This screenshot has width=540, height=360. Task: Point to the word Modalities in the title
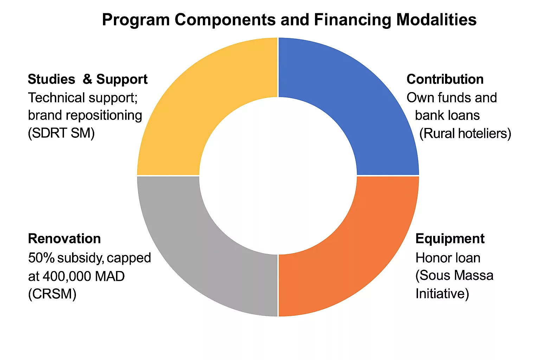click(x=436, y=19)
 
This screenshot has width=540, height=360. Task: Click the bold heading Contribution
click(x=445, y=79)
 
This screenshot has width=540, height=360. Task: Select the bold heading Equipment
click(x=450, y=239)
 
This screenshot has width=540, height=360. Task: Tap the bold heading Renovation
click(x=64, y=238)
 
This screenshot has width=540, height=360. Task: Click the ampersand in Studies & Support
click(x=87, y=79)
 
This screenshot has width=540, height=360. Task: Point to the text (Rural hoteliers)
click(x=465, y=133)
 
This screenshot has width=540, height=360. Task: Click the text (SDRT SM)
click(x=61, y=133)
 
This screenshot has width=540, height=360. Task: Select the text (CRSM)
click(x=52, y=294)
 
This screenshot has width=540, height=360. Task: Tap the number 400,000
click(x=67, y=276)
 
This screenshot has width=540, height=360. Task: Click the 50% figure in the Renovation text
click(x=41, y=258)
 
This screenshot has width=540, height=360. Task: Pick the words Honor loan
click(x=448, y=258)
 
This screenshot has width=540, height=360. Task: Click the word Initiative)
click(x=442, y=294)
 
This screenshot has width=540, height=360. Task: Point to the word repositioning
click(x=104, y=116)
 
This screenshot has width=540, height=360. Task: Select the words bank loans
click(x=448, y=115)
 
